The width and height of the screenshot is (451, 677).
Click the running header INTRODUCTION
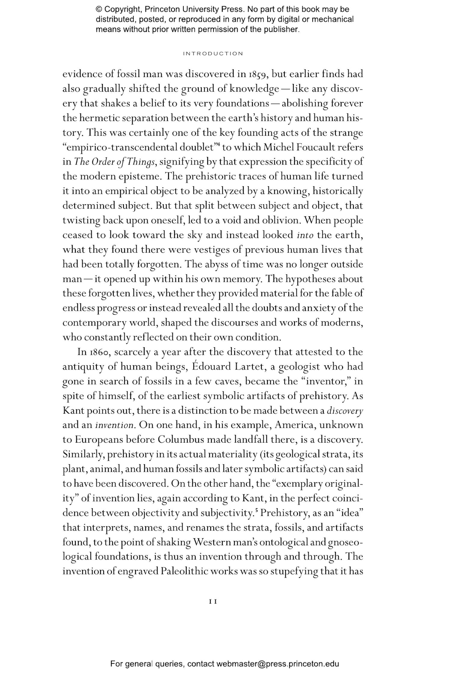tap(213, 54)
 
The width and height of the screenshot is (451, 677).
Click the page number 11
tap(213, 601)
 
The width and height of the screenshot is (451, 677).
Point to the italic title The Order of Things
tap(115, 162)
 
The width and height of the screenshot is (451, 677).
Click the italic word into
tap(305, 235)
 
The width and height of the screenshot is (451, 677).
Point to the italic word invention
tap(114, 425)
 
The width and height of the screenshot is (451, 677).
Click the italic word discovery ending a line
tap(345, 411)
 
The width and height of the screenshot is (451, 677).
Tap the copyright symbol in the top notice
tap(99, 9)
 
